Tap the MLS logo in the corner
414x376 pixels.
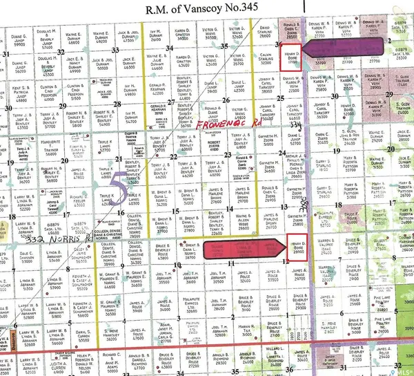point(404,368)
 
